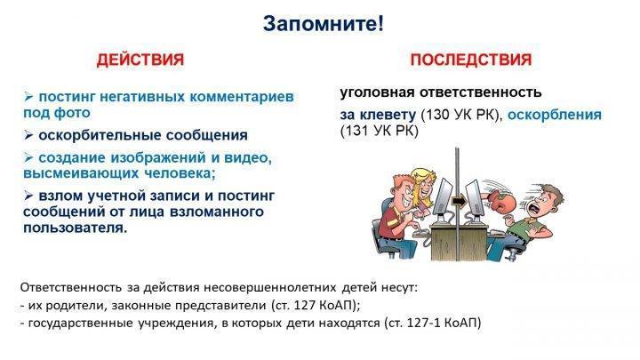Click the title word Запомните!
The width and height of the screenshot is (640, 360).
click(323, 24)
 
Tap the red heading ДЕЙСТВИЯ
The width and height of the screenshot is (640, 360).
click(140, 60)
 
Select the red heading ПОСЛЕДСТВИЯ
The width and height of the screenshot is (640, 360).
click(470, 60)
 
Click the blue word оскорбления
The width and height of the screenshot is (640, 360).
click(555, 116)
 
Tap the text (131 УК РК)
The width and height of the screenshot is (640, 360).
click(380, 131)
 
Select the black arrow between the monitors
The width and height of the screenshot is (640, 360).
click(460, 201)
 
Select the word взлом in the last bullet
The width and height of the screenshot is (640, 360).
click(60, 196)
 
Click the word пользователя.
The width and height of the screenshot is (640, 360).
click(75, 228)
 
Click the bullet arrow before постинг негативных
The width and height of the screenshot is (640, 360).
click(28, 97)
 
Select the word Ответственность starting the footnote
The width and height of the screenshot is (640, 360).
click(70, 288)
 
